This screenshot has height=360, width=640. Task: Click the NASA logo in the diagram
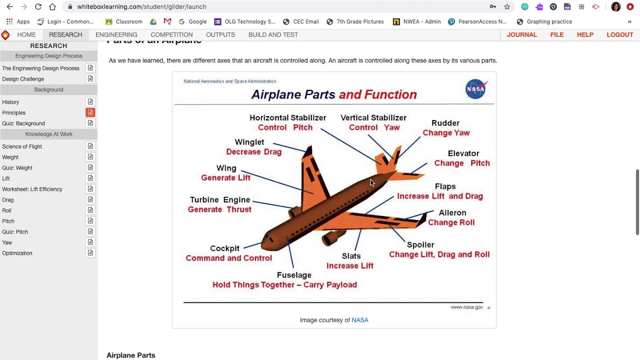point(475,89)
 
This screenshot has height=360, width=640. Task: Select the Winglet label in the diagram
point(249,142)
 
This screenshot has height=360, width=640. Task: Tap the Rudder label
point(445,123)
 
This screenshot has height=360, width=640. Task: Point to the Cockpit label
point(224,248)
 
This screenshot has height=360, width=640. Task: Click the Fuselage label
point(294,275)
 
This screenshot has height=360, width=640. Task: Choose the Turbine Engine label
point(219,199)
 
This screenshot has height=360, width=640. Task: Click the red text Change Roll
point(451,222)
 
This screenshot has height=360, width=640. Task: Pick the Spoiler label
point(420,244)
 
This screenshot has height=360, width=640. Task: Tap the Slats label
point(351,256)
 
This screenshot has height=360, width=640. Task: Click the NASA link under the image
point(359,320)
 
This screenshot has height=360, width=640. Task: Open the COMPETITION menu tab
point(171,34)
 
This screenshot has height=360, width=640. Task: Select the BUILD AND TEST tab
point(273,34)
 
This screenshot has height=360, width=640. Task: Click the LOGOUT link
point(619,34)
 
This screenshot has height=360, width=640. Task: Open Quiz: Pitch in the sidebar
point(15,232)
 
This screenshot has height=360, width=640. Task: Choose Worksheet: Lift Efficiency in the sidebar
point(32,189)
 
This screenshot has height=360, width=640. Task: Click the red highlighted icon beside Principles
point(90,112)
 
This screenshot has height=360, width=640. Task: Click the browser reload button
point(38,6)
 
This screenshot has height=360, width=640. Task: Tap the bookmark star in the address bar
point(507,6)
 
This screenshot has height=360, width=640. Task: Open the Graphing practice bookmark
point(549,21)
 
